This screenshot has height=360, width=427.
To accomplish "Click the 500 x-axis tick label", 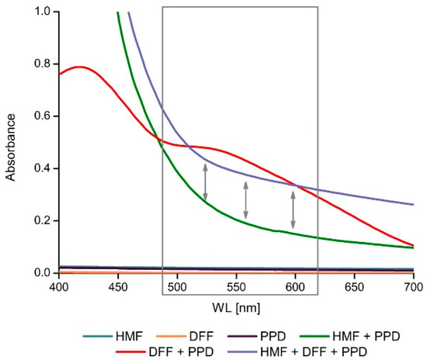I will [177, 286].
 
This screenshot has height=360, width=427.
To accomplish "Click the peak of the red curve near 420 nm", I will [79, 67].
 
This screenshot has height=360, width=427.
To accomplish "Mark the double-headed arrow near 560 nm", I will [246, 199].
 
